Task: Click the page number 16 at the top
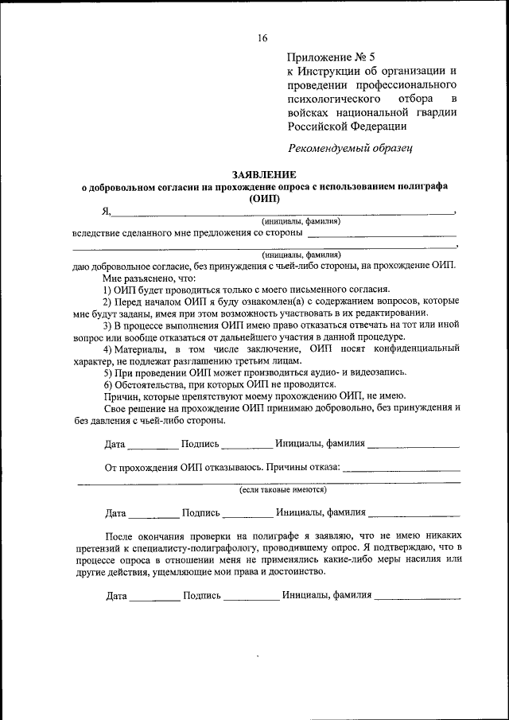[x=262, y=37]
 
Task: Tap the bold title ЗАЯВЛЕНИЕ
[x=264, y=174]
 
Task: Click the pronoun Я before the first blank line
[x=105, y=211]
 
